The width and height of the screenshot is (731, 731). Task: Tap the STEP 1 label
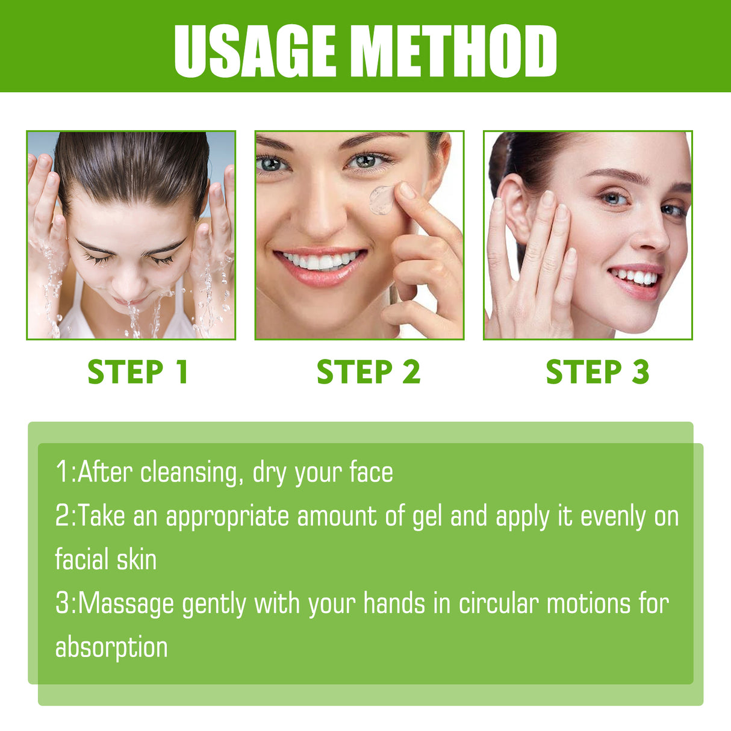pos(138,372)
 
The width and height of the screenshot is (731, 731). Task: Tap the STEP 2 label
pos(368,372)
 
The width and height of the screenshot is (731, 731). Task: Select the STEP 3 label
pos(597,372)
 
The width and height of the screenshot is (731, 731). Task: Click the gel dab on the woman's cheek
pos(382,200)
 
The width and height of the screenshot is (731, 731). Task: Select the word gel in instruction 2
pos(427,517)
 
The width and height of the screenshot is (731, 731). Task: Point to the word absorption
pos(111,648)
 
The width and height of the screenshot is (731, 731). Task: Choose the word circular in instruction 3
pos(498,604)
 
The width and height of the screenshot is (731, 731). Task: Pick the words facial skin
pos(106,560)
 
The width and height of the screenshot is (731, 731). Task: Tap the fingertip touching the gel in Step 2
pos(407,191)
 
